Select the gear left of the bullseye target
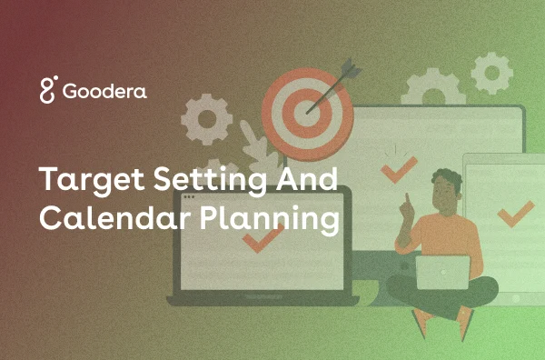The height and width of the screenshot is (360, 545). tap(207, 118)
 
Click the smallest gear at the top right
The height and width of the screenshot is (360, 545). tap(491, 72)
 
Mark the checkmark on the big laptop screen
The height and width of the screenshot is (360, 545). tap(263, 239)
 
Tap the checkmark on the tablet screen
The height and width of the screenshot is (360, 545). tap(515, 215)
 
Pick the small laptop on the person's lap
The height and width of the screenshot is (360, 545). tap(442, 272)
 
